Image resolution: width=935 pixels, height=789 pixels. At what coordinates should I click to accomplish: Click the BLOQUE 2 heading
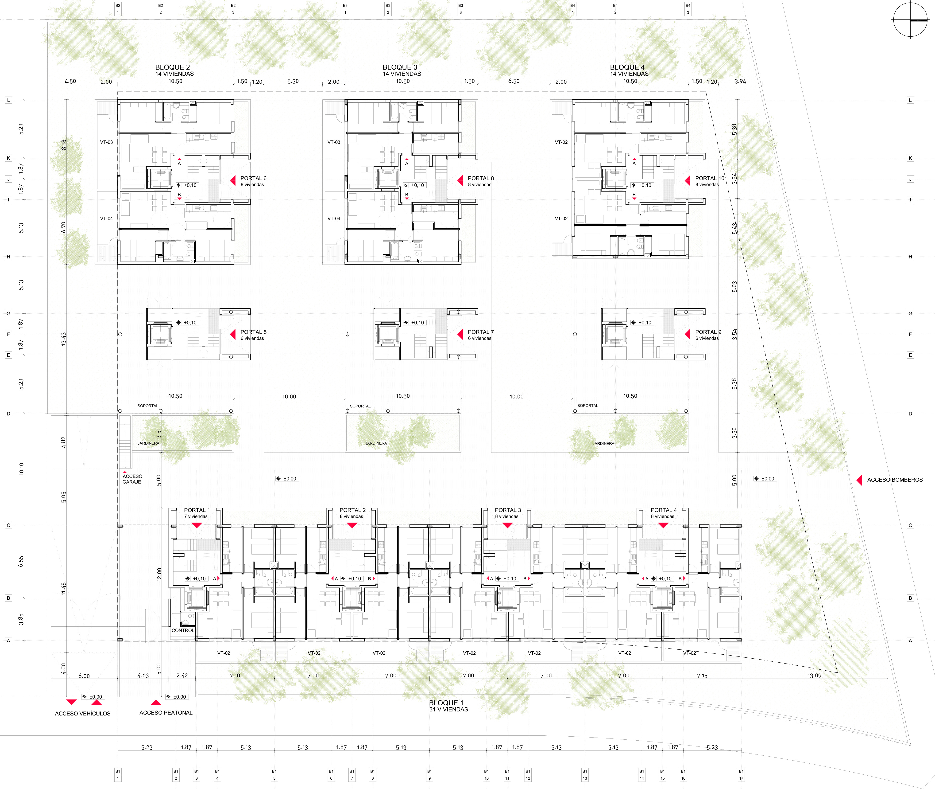(x=173, y=67)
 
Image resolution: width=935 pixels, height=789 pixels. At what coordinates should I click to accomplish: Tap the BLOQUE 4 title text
(x=627, y=67)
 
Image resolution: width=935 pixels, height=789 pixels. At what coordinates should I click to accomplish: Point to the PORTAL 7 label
(x=480, y=332)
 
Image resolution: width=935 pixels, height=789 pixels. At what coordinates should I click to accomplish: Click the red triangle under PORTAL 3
(x=507, y=526)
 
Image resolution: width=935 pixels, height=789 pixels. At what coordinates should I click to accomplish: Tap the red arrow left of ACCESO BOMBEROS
(x=859, y=480)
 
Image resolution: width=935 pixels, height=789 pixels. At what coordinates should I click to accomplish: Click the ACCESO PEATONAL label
(x=166, y=712)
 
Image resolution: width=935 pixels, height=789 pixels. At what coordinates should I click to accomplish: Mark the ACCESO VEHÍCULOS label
(x=83, y=713)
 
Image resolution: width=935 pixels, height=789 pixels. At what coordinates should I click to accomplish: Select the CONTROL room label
(x=183, y=630)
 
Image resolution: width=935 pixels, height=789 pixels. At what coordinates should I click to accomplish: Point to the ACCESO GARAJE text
(x=132, y=479)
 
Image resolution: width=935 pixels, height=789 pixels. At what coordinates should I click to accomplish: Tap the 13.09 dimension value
(x=814, y=675)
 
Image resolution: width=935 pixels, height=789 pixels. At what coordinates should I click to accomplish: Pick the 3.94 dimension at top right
(x=740, y=81)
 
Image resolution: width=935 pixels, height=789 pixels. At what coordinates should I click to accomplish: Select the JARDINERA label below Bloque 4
(x=603, y=444)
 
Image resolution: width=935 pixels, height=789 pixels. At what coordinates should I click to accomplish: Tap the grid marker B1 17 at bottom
(x=741, y=775)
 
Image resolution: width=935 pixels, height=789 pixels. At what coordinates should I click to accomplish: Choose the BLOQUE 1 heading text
(x=446, y=703)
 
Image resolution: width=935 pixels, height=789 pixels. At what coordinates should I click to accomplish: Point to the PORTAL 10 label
(x=709, y=178)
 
